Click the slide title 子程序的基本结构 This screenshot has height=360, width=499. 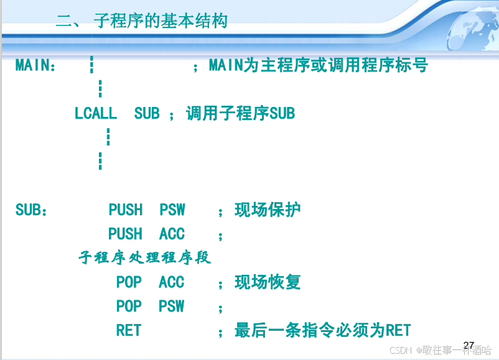[x=161, y=21]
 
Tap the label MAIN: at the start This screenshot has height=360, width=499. [x=36, y=65]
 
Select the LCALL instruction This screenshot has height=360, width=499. [x=95, y=113]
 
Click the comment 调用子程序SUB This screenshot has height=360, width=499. [x=240, y=113]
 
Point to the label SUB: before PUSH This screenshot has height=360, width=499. [x=31, y=210]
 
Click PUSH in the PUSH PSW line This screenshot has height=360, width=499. [x=125, y=210]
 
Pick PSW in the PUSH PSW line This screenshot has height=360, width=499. [x=172, y=210]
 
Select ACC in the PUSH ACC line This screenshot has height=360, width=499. [x=172, y=234]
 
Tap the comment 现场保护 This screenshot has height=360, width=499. [x=268, y=210]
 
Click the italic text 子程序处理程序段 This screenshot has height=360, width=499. [x=145, y=257]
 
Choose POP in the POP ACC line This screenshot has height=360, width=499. [x=129, y=282]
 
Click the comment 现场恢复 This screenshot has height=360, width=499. [x=268, y=282]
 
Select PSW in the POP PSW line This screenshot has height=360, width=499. [x=172, y=307]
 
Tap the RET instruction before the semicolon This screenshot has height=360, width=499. [x=129, y=330]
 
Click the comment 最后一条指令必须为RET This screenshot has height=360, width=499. [x=322, y=330]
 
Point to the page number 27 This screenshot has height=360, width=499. [x=469, y=344]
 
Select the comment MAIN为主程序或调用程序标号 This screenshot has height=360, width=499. [x=318, y=65]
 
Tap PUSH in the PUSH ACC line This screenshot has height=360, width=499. [x=125, y=234]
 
